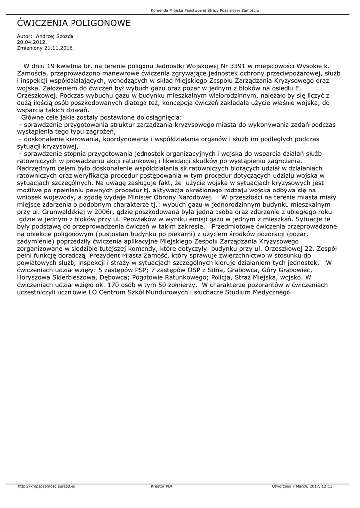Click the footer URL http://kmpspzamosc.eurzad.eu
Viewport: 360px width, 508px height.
(x=47, y=487)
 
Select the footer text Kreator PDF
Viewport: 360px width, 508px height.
(x=162, y=487)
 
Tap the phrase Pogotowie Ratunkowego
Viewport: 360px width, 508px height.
(x=164, y=277)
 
